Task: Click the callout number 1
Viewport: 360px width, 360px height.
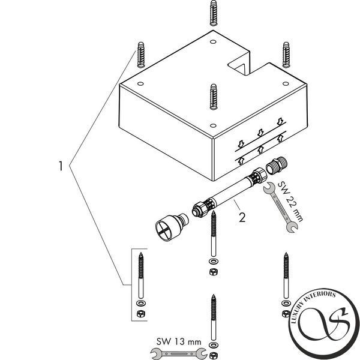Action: point(61,166)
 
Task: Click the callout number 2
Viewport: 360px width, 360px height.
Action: point(242,217)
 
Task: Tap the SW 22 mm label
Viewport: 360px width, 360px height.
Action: point(290,202)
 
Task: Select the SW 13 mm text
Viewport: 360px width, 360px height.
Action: point(179,341)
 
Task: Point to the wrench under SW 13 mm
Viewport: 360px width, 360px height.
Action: point(179,353)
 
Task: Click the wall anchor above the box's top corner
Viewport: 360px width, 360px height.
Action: point(213,13)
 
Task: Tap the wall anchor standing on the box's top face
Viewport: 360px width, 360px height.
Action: point(213,97)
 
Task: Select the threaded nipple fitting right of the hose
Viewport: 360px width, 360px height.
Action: point(277,166)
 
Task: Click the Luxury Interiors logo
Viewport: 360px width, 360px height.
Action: point(324,324)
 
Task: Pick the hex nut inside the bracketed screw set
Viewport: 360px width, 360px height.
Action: point(140,313)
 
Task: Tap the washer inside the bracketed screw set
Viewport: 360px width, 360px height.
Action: point(140,303)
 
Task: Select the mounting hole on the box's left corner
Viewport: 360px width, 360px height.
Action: point(141,83)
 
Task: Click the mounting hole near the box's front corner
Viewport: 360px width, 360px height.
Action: point(213,125)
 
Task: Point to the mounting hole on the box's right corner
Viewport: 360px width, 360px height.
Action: point(286,83)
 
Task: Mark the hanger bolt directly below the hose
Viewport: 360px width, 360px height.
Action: point(214,234)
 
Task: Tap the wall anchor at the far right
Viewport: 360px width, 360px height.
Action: point(286,55)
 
